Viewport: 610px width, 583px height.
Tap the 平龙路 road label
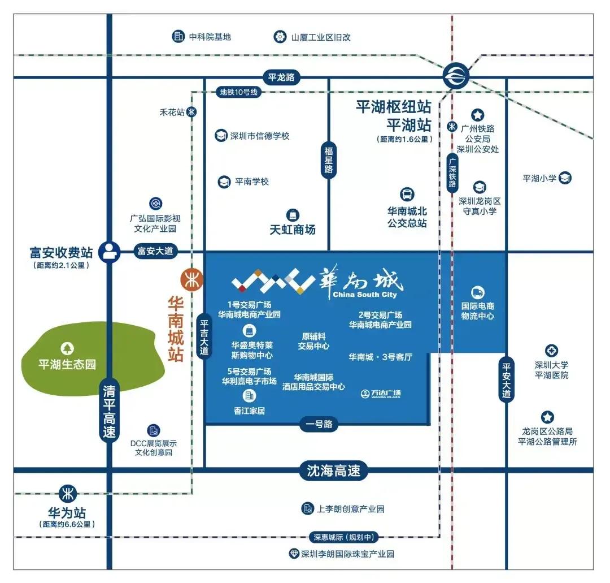[281, 77]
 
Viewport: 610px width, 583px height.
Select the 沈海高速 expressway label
[333, 470]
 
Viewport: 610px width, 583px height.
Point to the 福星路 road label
[329, 160]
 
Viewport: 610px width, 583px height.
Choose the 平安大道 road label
[506, 380]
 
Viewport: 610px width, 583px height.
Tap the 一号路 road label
[320, 424]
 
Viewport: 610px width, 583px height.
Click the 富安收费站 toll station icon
[108, 252]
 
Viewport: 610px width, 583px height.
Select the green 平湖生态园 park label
[67, 364]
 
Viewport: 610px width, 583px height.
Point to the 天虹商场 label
[293, 230]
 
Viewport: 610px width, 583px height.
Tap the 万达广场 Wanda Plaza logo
[381, 394]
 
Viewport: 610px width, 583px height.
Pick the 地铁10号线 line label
[238, 92]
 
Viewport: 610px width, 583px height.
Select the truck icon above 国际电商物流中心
[477, 292]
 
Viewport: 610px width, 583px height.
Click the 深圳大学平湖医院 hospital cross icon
[551, 351]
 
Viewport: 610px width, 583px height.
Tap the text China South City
[365, 295]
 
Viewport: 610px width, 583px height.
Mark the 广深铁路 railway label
[452, 173]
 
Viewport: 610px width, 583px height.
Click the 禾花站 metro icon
[192, 112]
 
